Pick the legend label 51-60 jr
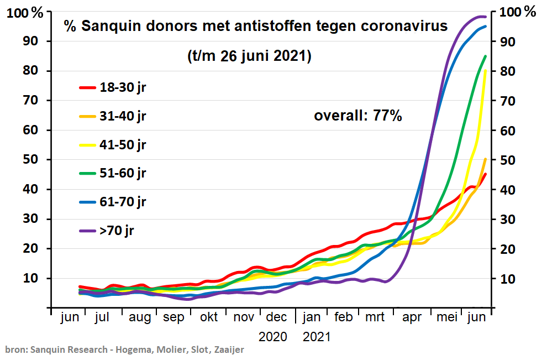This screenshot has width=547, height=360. [x=123, y=173]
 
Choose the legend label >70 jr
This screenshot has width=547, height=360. [x=117, y=231]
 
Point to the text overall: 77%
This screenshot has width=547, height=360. [x=357, y=116]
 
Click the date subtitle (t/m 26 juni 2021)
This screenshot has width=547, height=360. [x=249, y=56]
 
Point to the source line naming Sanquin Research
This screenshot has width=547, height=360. [x=124, y=349]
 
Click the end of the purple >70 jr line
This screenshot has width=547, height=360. [x=485, y=17]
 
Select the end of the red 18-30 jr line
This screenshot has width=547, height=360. [x=485, y=174]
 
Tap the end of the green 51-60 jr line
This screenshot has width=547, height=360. [x=485, y=56]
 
